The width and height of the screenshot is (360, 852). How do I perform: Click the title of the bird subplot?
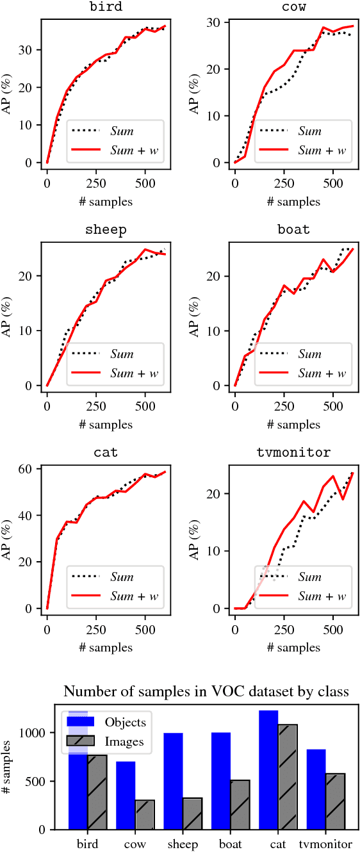106,7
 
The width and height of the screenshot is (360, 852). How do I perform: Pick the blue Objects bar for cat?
269,769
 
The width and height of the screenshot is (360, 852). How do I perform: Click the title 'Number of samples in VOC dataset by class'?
206,691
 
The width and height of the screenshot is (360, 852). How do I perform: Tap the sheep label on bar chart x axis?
182,844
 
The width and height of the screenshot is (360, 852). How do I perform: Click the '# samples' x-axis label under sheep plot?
106,424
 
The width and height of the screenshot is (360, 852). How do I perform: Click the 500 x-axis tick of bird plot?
145,183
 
